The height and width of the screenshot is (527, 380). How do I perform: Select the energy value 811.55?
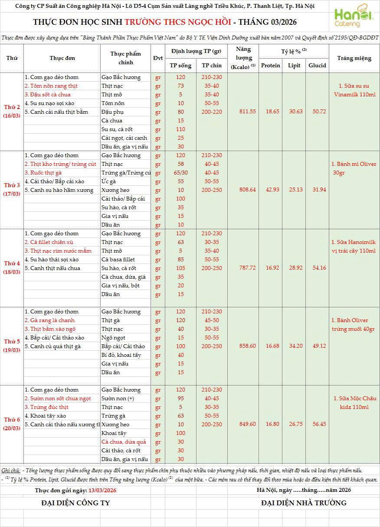tap(247, 112)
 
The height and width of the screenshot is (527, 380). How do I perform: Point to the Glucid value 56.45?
tap(317, 424)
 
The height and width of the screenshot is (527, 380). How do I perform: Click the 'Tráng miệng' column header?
tap(354, 58)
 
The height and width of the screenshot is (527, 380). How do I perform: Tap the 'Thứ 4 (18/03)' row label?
tap(12, 268)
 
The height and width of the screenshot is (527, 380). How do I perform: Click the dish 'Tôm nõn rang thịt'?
tap(51, 86)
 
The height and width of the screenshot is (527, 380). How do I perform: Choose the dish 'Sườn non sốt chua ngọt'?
tap(58, 399)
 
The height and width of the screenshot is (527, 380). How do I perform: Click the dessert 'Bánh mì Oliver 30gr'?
tap(354, 168)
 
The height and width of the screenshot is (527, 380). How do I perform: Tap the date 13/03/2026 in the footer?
tap(102, 490)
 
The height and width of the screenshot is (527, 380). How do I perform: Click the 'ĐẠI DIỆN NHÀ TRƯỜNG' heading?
tap(304, 503)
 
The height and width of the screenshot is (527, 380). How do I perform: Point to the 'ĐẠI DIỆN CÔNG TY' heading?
tap(75, 503)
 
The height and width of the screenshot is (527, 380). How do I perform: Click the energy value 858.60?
tap(247, 346)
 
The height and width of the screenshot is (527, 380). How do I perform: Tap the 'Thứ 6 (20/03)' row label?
tap(12, 424)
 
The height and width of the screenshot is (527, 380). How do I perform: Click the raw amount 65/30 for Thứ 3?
tap(180, 173)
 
